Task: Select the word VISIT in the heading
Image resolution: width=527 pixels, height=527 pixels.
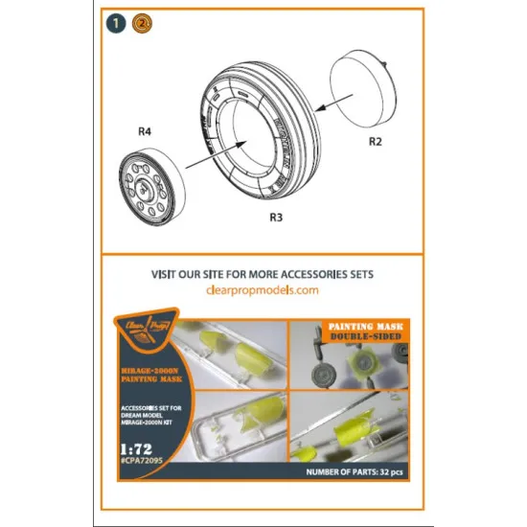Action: tap(170, 274)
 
